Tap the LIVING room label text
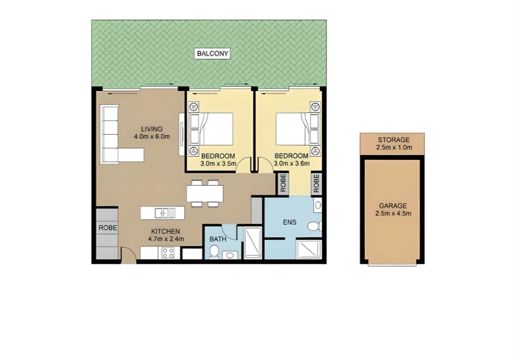click(151, 129)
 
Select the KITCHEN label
click(164, 231)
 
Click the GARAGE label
click(392, 206)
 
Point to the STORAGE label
click(393, 140)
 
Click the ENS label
click(290, 222)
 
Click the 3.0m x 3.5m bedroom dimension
click(218, 164)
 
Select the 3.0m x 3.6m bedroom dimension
click(291, 164)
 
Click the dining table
click(205, 193)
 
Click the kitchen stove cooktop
click(168, 252)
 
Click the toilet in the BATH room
click(215, 251)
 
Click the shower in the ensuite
click(309, 250)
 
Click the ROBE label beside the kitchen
click(107, 228)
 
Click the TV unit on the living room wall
click(181, 135)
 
